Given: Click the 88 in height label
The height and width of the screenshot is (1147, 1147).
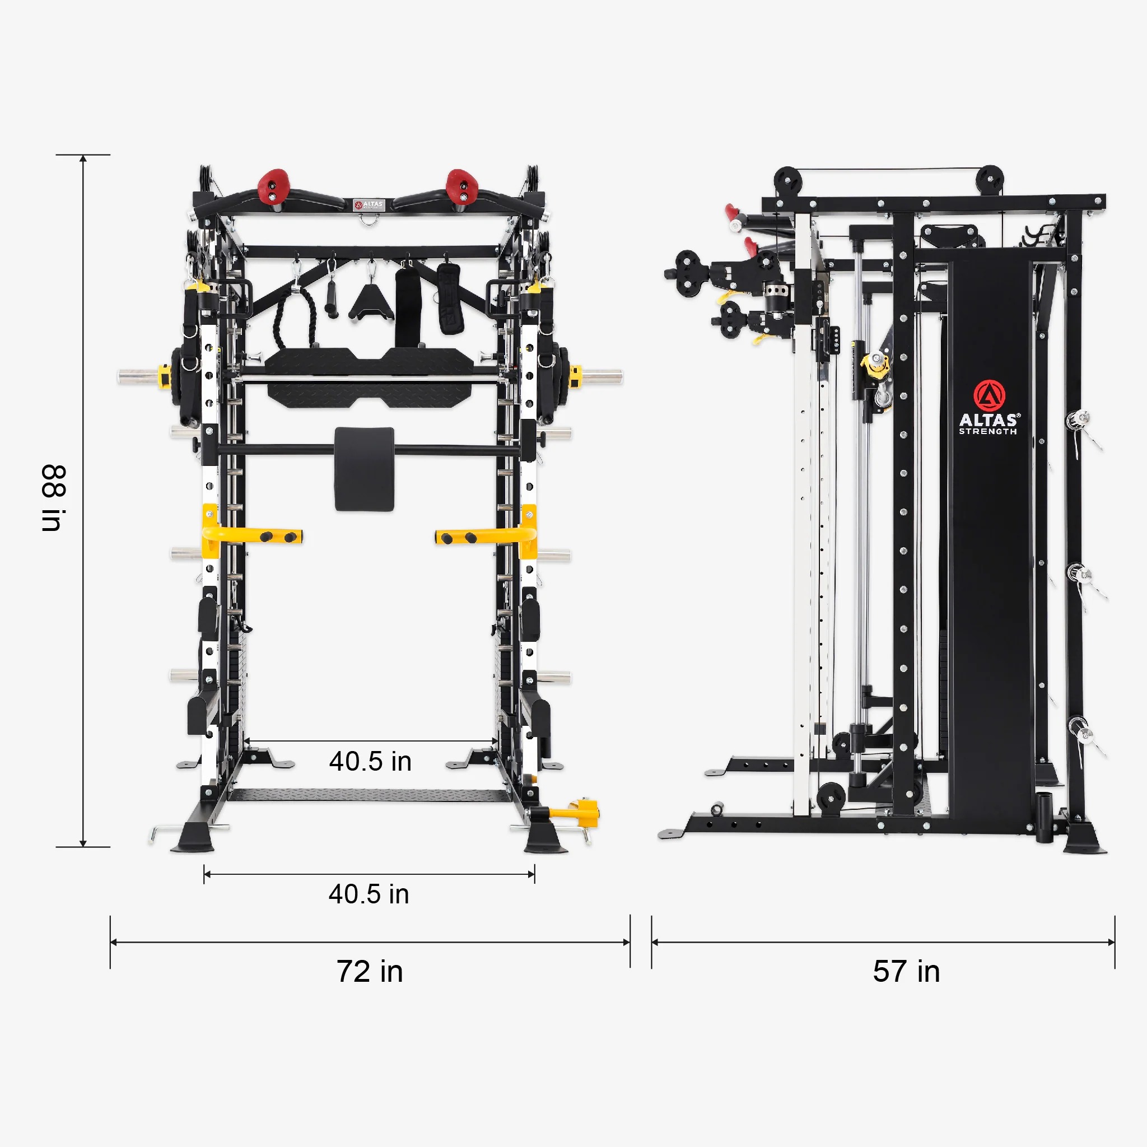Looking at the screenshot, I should click(x=53, y=497).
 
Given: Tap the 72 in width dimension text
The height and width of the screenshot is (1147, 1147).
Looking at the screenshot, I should click(x=369, y=972).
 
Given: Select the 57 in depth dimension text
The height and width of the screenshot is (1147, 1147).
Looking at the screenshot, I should click(x=906, y=972).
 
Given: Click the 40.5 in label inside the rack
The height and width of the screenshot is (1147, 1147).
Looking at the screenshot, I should click(x=370, y=762).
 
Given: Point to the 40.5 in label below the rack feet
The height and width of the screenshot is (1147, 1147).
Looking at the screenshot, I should click(x=369, y=894).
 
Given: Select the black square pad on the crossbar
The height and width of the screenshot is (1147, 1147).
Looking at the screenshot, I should click(x=364, y=468).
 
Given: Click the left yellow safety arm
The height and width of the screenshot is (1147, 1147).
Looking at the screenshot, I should click(x=253, y=536).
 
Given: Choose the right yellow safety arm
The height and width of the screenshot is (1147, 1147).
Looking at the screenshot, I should click(x=486, y=537).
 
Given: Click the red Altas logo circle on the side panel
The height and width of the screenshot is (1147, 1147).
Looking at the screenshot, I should click(x=989, y=395).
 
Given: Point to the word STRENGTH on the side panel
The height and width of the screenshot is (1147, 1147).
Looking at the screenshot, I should click(x=988, y=432).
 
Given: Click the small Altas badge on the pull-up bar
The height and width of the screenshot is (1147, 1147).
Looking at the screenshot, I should click(x=369, y=205).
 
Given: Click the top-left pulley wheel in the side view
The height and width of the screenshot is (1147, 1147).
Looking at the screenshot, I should click(x=788, y=180).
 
